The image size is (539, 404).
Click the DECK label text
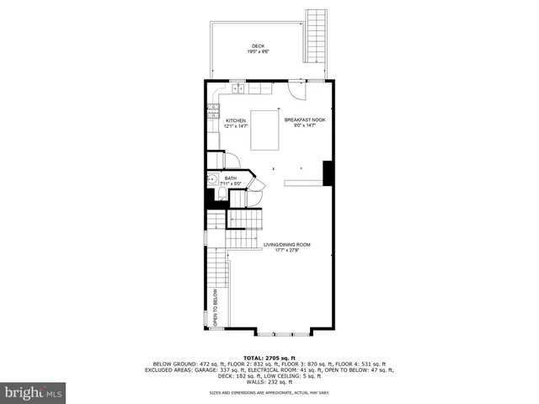[258, 46]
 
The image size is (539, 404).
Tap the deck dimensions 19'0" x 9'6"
[258, 52]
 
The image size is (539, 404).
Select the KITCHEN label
[236, 120]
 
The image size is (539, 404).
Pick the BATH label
[230, 178]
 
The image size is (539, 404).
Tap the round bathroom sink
[211, 178]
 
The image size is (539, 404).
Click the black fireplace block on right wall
[328, 172]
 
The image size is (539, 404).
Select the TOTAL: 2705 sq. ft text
[269, 358]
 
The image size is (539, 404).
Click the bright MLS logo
[34, 392]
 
